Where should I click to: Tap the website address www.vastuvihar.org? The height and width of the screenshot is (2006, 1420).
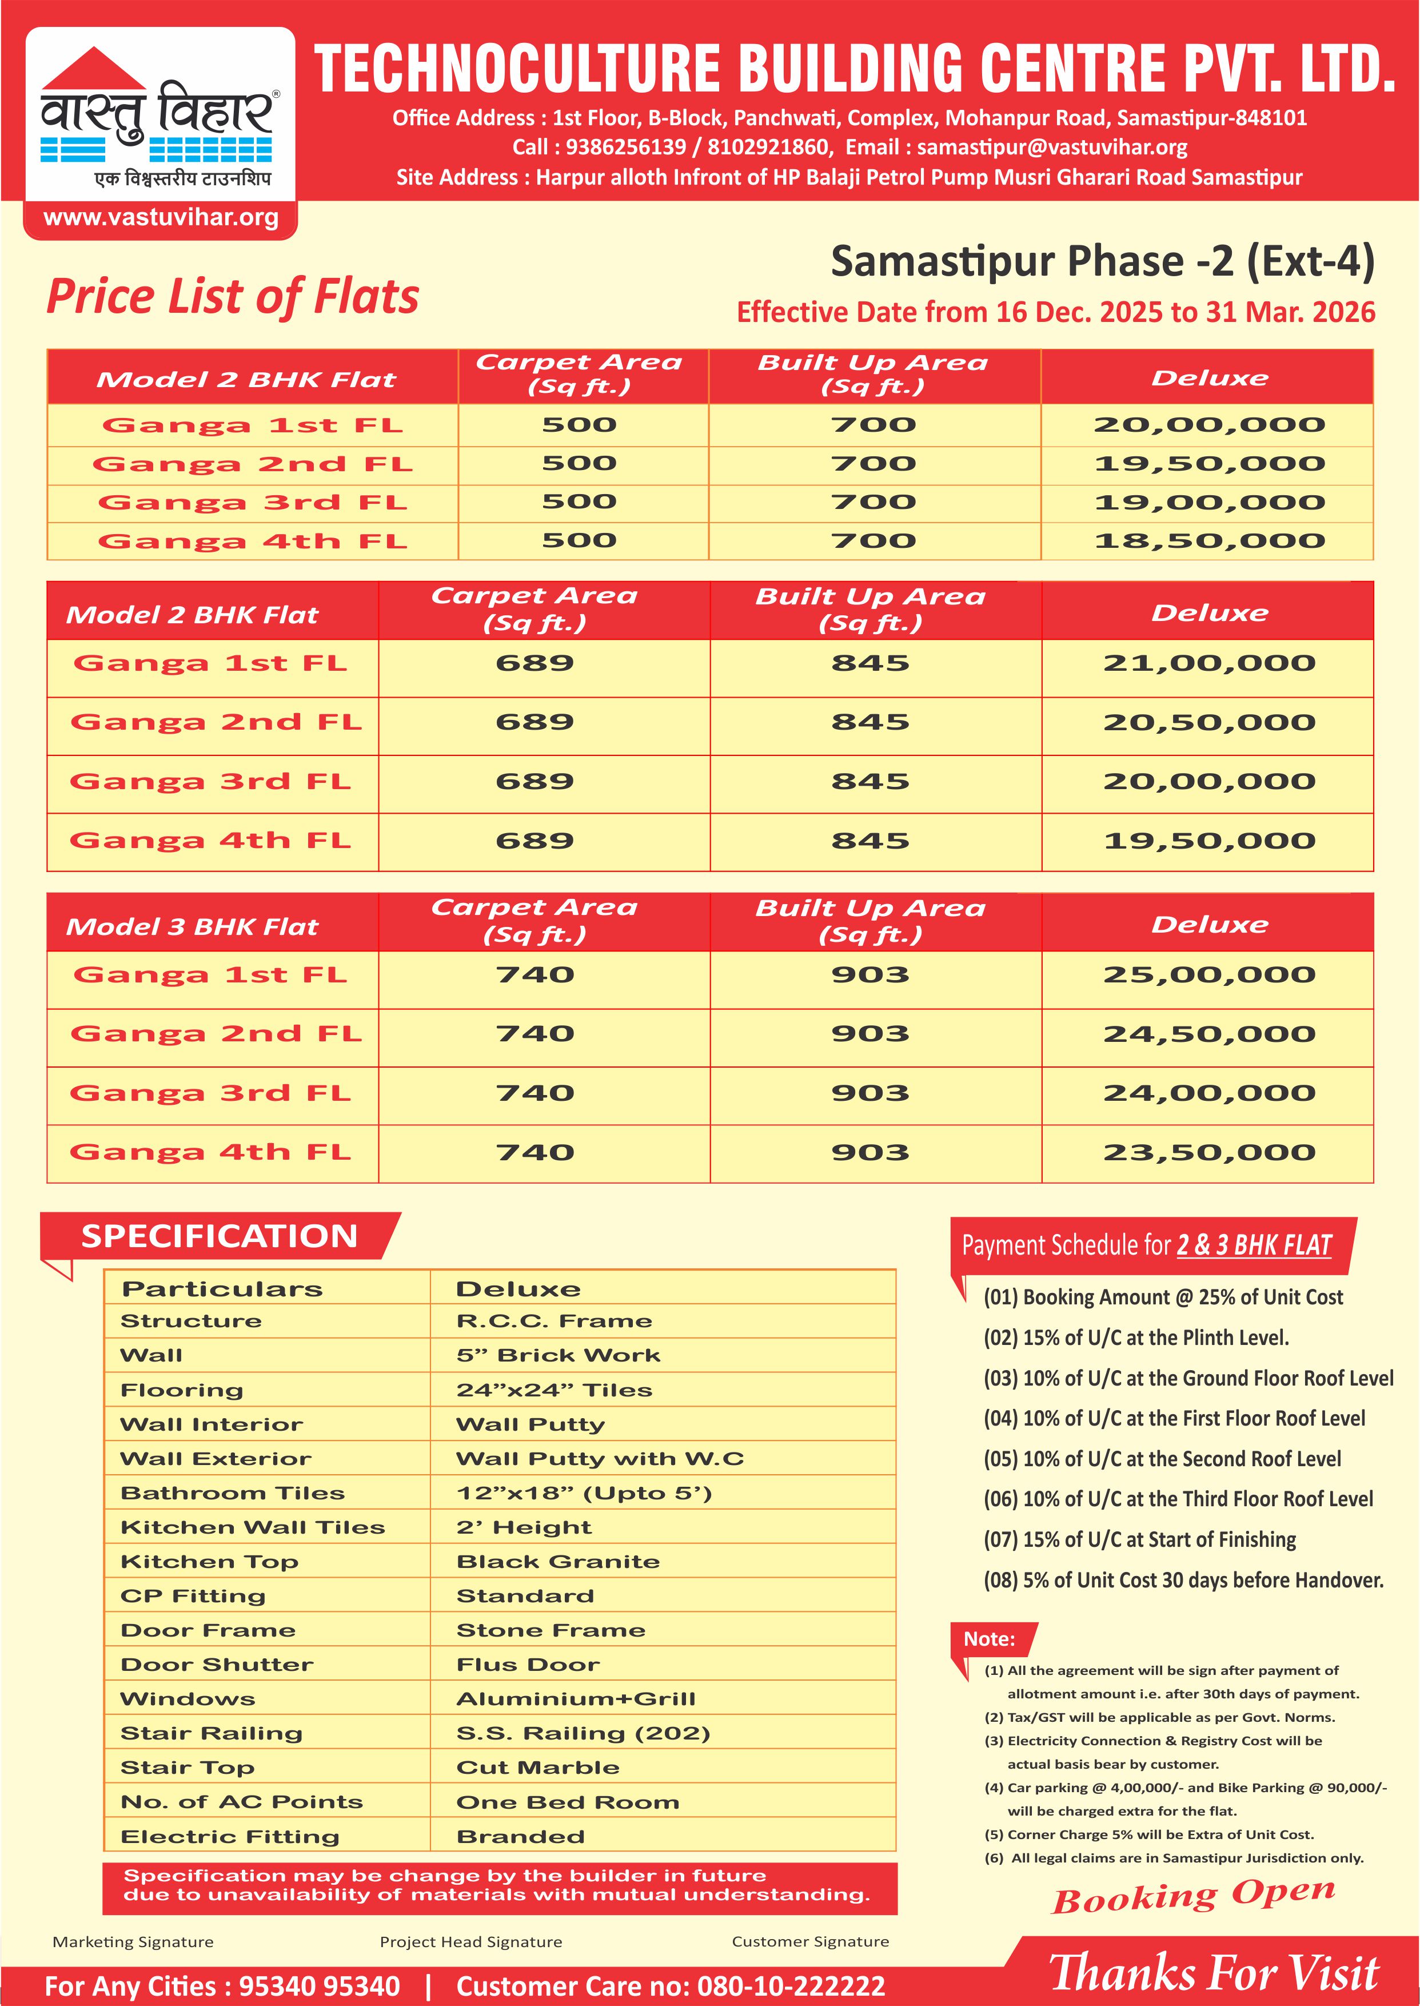(x=161, y=218)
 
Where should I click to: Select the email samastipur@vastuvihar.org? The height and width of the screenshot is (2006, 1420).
(x=1051, y=147)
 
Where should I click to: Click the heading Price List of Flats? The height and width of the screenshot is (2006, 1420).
(x=233, y=296)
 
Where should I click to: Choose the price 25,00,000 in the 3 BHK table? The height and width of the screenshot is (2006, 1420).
(x=1209, y=975)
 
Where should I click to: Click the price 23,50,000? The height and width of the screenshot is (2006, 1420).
(x=1209, y=1152)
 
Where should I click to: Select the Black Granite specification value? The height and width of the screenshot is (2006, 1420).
(x=558, y=1562)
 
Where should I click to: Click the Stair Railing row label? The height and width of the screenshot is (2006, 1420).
(x=212, y=1733)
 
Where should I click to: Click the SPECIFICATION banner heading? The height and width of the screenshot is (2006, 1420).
(x=220, y=1236)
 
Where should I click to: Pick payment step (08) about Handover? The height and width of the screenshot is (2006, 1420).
(x=1183, y=1580)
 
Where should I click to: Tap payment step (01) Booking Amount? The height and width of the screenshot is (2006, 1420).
(x=1163, y=1297)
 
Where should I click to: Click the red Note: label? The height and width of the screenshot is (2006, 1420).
(x=990, y=1639)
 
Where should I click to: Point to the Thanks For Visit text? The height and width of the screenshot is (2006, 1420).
(x=1214, y=1973)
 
